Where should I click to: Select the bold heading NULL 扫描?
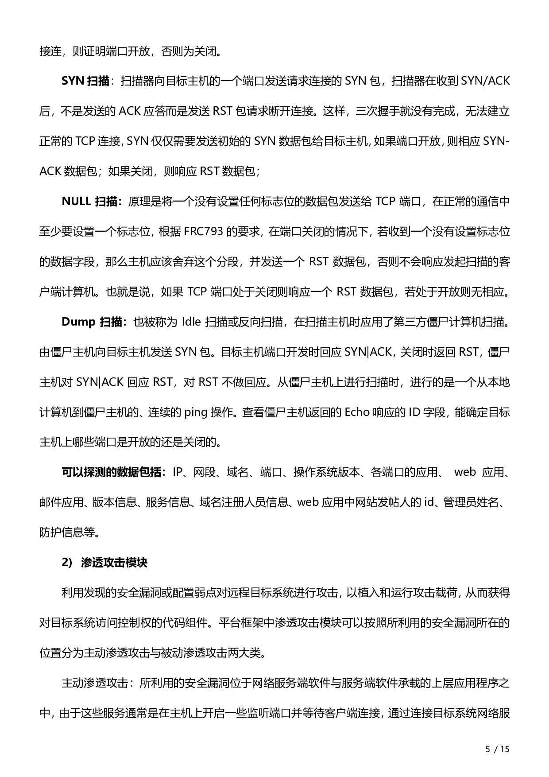point(91,202)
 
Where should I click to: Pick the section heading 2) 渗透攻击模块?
point(104,563)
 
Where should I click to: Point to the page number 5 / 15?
point(498,749)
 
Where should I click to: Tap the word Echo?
point(357,412)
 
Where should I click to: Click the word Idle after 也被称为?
point(191,322)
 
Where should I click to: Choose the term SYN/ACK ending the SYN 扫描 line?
point(485,81)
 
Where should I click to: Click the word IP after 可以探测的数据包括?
point(178,472)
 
